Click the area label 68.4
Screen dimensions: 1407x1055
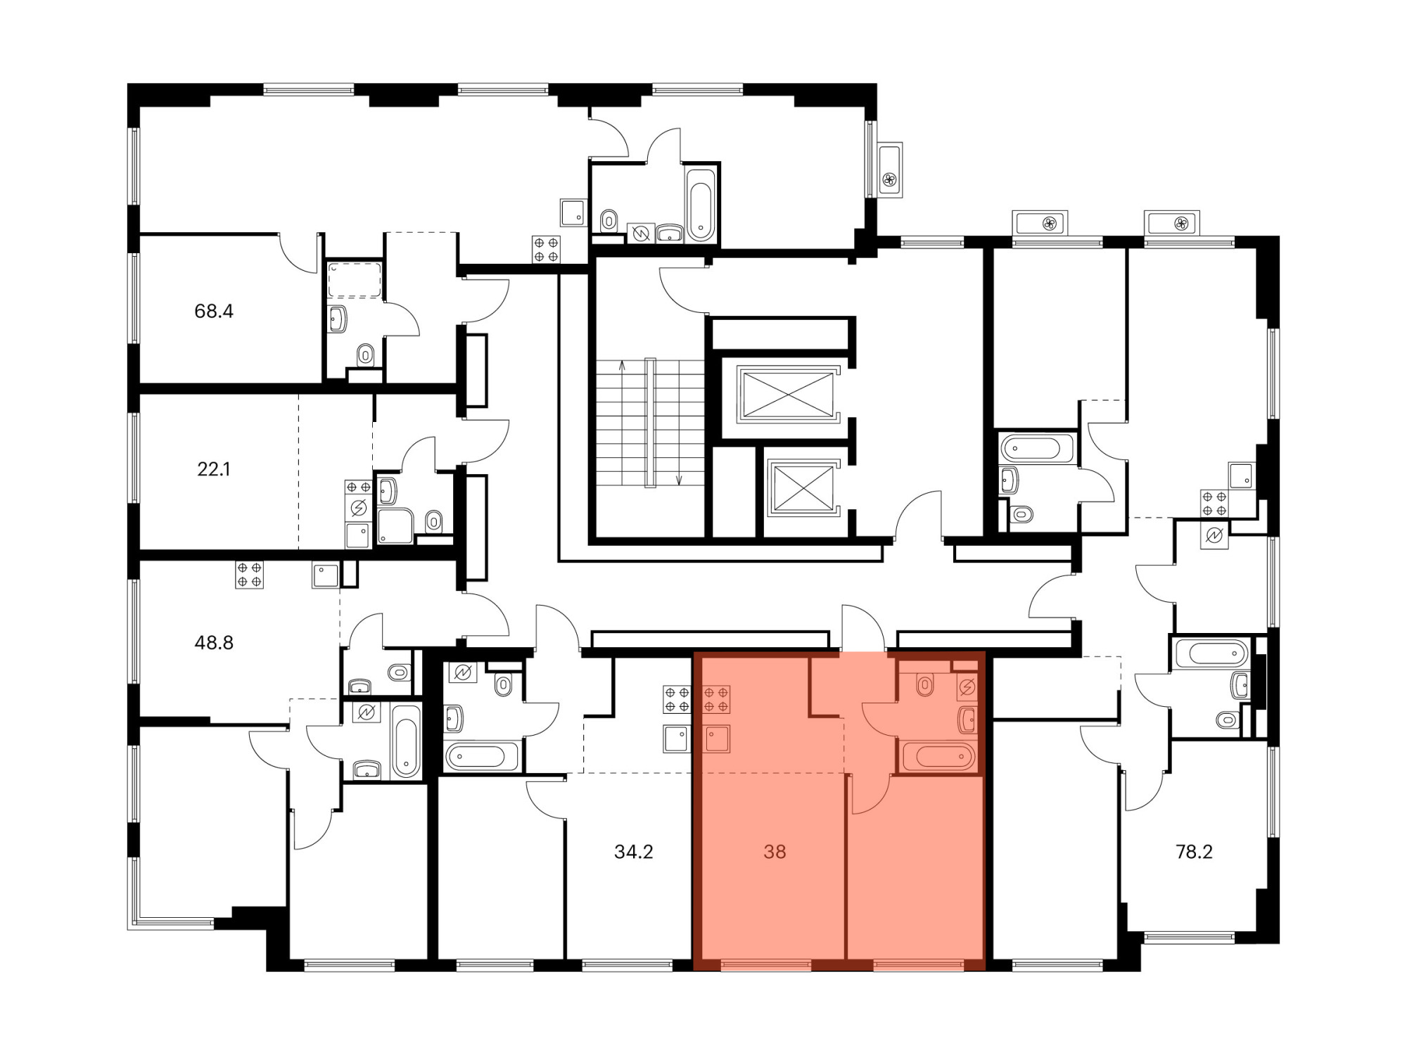coord(214,311)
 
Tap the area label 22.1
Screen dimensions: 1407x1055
coord(214,469)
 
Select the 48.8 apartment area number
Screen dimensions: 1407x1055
coord(214,642)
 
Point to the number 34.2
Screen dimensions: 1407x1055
coord(634,852)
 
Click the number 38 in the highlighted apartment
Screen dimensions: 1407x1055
coord(775,852)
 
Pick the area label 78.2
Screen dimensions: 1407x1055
coord(1195,852)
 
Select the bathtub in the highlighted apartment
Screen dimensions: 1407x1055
coord(939,756)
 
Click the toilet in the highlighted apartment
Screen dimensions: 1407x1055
coord(925,684)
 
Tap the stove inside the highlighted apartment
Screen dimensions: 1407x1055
coord(716,699)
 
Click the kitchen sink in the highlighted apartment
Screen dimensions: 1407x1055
coord(717,739)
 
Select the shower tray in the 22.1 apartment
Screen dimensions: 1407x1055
coord(395,525)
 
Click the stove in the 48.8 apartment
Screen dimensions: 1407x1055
coord(249,575)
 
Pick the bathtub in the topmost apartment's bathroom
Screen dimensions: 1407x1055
coord(701,203)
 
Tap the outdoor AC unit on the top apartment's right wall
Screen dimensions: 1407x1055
coord(890,170)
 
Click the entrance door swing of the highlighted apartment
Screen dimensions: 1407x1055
coord(864,628)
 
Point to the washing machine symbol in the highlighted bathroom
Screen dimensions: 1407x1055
coord(967,687)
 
